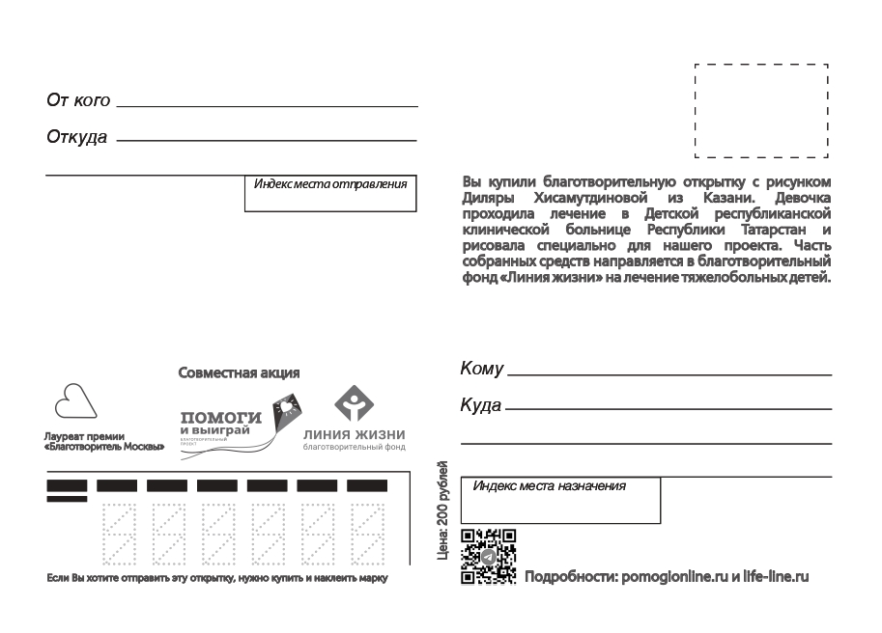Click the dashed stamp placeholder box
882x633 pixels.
pos(761,111)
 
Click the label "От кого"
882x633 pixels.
pos(78,100)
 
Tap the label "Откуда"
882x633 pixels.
pos(77,137)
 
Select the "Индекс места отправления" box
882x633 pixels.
pos(329,193)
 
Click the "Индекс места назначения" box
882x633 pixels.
pos(560,499)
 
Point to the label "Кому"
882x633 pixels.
pos(483,369)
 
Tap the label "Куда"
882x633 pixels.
pos(481,405)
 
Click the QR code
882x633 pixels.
pos(488,557)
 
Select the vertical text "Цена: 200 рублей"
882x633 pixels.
pos(443,511)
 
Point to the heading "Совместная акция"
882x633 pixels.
pos(239,372)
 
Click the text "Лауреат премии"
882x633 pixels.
pos(85,436)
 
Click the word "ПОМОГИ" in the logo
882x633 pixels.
pos(221,417)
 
